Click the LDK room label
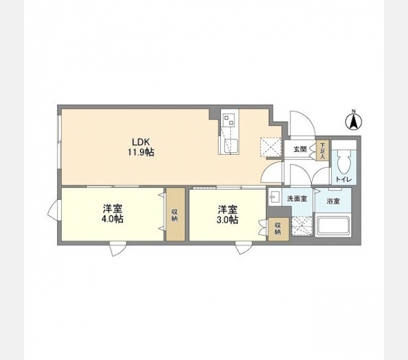[141, 142]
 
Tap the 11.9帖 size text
[141, 152]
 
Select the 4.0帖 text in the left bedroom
[112, 219]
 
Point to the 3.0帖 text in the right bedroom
[227, 220]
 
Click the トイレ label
[344, 179]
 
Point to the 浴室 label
[334, 201]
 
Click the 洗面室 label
[297, 199]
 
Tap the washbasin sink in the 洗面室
[274, 197]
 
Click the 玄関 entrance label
[300, 149]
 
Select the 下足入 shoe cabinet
[322, 151]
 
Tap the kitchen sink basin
[230, 146]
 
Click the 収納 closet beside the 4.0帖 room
[176, 214]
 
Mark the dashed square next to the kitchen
[271, 148]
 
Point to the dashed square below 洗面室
[302, 226]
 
